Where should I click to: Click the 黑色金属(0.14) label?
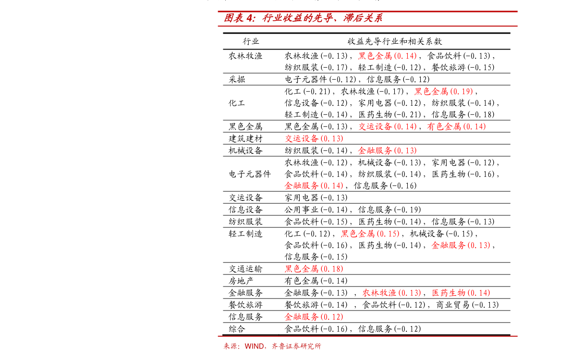coord(387,56)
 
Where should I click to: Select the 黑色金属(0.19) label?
coord(444,91)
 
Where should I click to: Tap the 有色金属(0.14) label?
coord(456,127)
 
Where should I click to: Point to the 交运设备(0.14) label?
coord(387,127)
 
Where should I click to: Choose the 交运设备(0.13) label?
coord(314,138)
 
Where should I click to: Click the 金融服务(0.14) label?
coord(314,186)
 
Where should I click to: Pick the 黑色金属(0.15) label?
coord(370,234)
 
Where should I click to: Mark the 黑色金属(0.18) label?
coord(314,269)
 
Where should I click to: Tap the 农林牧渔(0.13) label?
coord(391,293)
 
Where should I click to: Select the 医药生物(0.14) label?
coord(461,293)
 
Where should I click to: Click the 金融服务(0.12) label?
coord(314,317)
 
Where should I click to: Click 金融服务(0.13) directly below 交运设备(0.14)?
coord(387,150)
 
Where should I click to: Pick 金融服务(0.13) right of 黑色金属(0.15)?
coord(461,246)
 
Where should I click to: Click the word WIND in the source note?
coord(254,346)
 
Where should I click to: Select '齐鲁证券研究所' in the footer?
coord(296,346)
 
